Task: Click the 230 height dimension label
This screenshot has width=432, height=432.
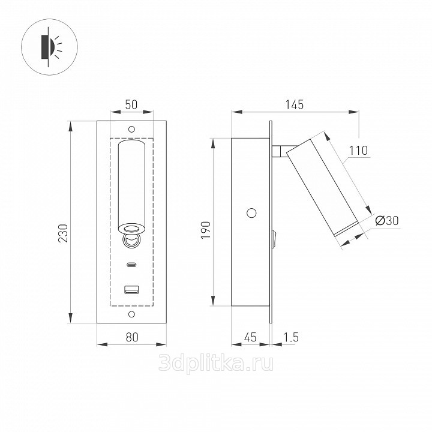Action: point(64,233)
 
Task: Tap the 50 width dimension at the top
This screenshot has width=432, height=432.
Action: point(131,104)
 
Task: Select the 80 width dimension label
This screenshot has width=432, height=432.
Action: point(132,337)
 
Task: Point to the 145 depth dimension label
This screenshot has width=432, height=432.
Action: point(294,104)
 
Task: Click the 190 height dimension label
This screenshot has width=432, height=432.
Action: point(206,230)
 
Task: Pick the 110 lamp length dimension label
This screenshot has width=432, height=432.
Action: point(358,151)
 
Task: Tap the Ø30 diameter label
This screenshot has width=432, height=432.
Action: point(387,220)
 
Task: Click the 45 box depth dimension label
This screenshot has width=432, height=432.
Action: point(250,337)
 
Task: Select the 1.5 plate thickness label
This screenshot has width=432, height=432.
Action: point(291,337)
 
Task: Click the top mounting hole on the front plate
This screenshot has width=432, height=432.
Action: point(131,129)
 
